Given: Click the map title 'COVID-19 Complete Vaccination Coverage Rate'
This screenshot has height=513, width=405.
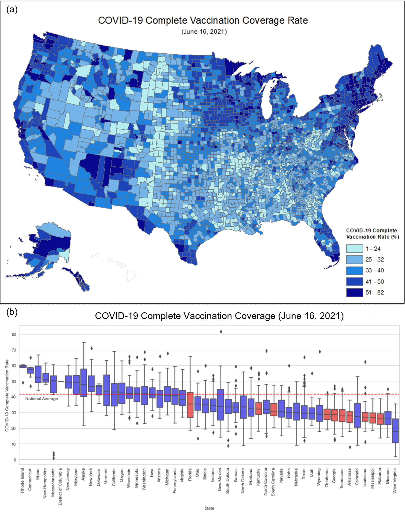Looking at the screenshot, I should click(x=203, y=21).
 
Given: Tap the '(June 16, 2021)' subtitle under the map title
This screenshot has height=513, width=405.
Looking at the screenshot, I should click(x=204, y=32).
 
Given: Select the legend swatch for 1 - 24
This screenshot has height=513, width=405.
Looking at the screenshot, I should click(x=354, y=248).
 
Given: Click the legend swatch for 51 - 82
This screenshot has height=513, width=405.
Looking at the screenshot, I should click(x=354, y=292).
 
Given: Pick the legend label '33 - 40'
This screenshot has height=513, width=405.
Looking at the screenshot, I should click(x=374, y=271).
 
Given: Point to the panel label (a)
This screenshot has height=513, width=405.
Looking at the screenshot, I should click(x=12, y=10).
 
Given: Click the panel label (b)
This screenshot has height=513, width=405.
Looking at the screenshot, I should click(x=12, y=312).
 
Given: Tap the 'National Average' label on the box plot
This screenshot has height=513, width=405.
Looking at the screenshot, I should click(x=42, y=399).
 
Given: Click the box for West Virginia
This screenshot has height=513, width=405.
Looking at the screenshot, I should click(x=395, y=431).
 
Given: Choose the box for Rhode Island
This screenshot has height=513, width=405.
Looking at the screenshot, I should click(x=23, y=366).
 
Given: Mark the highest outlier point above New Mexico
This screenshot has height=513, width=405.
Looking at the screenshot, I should click(x=221, y=332).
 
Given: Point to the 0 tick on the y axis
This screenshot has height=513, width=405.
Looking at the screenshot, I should click(x=15, y=460).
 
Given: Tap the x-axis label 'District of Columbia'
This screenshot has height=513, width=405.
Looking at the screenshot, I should click(x=60, y=486).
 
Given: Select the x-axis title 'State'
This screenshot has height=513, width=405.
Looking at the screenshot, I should click(x=209, y=508).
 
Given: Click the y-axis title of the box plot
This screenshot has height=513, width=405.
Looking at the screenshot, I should click(x=7, y=396).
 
